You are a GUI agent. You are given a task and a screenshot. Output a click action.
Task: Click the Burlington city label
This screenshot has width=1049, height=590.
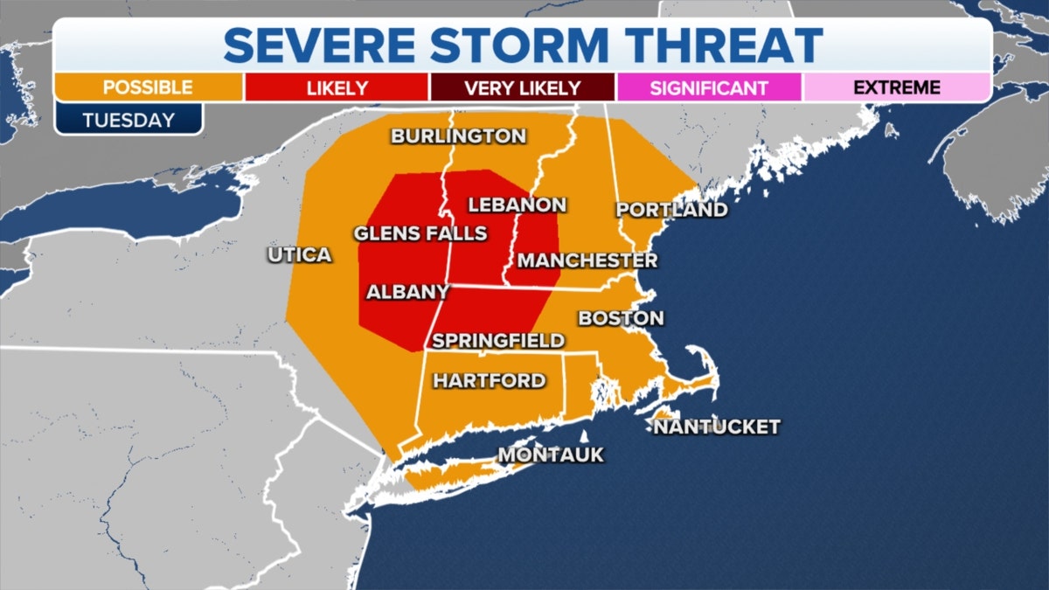click(458, 136)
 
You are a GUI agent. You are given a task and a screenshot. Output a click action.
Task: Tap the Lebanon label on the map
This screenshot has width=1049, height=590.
click(518, 205)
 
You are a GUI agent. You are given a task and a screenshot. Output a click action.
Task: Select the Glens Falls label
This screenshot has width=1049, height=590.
click(420, 233)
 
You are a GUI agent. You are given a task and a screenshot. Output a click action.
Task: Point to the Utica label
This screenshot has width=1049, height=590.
click(300, 255)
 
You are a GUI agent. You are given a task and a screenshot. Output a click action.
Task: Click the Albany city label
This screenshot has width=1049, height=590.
click(407, 292)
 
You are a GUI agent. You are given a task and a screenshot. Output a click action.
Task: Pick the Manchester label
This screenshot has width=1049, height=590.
click(587, 260)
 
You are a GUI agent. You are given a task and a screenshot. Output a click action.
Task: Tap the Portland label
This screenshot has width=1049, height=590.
click(671, 210)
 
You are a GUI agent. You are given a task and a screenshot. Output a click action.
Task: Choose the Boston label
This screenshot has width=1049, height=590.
click(621, 318)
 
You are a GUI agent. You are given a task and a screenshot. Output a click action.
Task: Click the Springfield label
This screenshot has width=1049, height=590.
click(498, 341)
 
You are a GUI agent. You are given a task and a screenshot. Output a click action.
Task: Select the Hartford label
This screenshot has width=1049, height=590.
click(490, 381)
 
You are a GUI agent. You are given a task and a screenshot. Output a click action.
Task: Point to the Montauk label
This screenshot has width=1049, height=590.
click(551, 455)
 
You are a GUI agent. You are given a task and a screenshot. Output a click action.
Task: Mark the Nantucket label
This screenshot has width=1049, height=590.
click(716, 427)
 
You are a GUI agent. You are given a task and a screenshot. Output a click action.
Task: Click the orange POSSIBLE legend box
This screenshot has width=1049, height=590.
click(148, 87)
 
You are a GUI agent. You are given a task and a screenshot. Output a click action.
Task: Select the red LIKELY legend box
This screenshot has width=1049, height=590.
click(337, 88)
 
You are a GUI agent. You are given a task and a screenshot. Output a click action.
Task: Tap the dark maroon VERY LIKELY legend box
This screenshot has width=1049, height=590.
click(522, 88)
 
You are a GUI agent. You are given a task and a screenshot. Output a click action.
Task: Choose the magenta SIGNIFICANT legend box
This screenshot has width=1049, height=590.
click(709, 88)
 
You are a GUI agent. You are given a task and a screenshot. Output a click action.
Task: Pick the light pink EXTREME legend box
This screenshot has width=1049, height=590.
click(896, 87)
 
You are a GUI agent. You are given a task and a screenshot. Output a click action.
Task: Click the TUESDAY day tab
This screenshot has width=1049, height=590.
click(129, 120)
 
